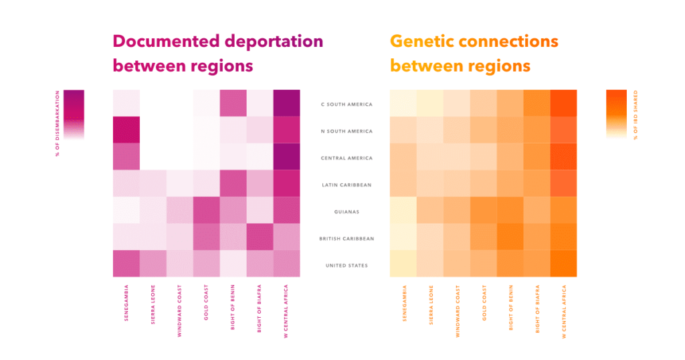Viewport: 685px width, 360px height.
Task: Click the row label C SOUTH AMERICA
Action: click(346, 104)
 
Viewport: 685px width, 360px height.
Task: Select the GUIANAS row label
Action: click(346, 211)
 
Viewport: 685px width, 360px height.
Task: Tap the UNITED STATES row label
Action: click(346, 266)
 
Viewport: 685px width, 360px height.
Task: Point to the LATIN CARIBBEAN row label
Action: click(346, 185)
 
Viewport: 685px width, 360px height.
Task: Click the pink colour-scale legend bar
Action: click(74, 114)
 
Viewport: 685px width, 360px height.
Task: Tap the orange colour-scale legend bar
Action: click(615, 114)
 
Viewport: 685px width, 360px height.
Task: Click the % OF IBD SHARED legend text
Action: click(635, 114)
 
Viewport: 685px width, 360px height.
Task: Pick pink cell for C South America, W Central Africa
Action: click(286, 103)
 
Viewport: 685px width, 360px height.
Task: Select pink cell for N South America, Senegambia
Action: click(126, 130)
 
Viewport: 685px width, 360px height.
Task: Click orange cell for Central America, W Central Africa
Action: click(563, 157)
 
